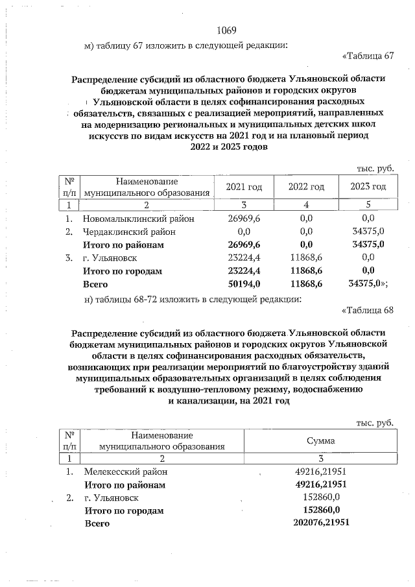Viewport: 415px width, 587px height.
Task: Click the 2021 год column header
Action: pyautogui.click(x=244, y=187)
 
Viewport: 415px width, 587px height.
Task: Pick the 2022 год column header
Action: pyautogui.click(x=306, y=187)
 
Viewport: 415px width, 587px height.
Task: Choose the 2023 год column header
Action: pyautogui.click(x=368, y=187)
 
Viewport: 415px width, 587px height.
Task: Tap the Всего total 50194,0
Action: pyautogui.click(x=244, y=284)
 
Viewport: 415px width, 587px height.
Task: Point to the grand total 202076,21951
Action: pyautogui.click(x=321, y=523)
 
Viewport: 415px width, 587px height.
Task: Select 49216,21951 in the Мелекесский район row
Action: pyautogui.click(x=321, y=472)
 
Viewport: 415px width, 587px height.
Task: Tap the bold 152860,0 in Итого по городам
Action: pyautogui.click(x=321, y=510)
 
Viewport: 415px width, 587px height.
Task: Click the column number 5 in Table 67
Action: pyautogui.click(x=368, y=204)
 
